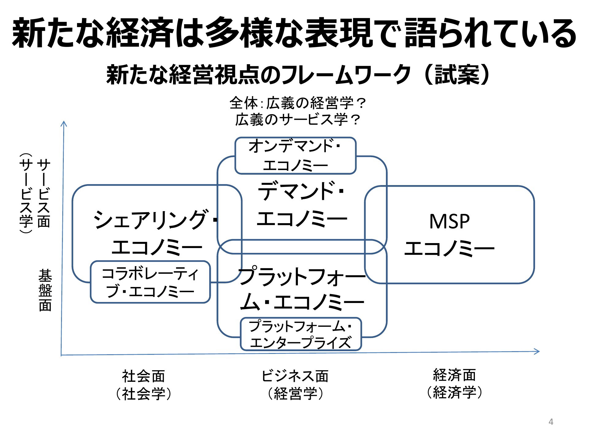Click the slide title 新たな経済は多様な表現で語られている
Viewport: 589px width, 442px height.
294,33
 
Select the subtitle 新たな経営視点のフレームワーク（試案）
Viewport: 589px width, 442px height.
298,75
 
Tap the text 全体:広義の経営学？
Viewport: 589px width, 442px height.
297,103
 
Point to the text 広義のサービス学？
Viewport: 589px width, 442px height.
297,120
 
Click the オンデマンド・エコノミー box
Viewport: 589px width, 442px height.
295,156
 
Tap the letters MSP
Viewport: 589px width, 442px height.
449,221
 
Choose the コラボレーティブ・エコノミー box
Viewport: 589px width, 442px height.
150,282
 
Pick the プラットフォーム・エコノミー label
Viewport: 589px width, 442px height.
302,289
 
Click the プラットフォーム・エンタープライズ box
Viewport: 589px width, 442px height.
301,334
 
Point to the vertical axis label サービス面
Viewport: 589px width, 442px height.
44,193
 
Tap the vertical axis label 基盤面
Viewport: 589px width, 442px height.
45,290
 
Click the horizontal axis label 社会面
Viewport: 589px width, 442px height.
143,376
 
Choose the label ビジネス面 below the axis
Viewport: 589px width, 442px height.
295,376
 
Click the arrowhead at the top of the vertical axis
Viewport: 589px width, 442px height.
64,123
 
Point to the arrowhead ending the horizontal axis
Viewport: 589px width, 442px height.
537,351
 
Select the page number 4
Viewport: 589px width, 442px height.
551,422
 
